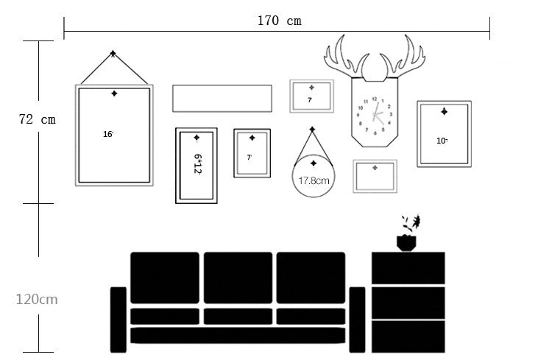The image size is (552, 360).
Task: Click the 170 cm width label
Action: tap(279, 21)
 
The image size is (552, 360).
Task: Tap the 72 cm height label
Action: tap(38, 119)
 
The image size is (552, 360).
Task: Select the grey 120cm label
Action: tap(37, 299)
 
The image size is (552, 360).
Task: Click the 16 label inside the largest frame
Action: tap(108, 134)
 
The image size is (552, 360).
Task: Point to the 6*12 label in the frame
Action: tap(197, 163)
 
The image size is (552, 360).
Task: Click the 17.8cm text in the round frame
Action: tap(314, 179)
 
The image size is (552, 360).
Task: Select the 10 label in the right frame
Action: tap(442, 140)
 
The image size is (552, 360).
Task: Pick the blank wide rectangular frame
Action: tap(222, 98)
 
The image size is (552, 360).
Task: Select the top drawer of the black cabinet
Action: tap(408, 268)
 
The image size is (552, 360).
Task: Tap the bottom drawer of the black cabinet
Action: tap(408, 336)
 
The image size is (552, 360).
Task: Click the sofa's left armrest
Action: tap(118, 319)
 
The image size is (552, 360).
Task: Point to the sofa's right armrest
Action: tap(357, 319)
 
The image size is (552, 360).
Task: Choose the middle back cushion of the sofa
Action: tap(237, 278)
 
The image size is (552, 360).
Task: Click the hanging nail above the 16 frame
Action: tap(113, 54)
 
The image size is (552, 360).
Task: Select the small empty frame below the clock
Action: tap(375, 177)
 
